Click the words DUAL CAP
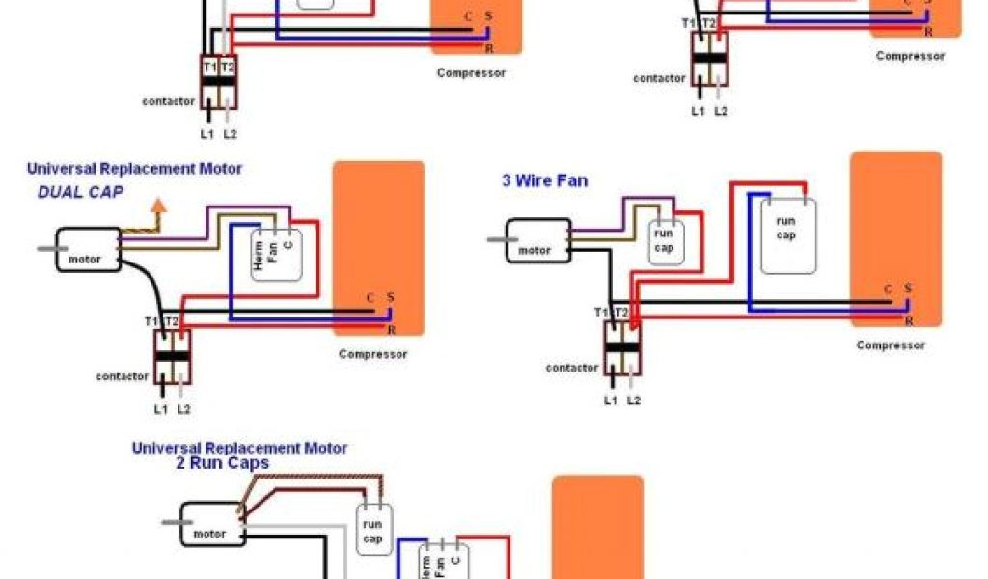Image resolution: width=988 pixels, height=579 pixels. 81,192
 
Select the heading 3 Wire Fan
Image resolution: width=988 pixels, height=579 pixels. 544,180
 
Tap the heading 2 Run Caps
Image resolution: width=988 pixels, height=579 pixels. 222,463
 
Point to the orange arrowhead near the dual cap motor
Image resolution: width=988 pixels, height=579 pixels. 158,206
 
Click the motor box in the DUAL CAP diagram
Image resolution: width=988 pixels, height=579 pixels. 88,250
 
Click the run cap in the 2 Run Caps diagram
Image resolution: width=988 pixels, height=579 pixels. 373,530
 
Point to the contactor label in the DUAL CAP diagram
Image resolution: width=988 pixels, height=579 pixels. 122,376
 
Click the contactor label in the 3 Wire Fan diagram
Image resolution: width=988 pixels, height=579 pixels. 571,368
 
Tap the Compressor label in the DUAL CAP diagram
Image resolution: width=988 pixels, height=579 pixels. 372,354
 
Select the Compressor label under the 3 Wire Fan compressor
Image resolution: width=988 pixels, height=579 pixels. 891,345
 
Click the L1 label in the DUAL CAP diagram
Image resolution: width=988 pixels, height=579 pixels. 160,409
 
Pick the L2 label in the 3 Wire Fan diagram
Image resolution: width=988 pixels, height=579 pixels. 634,400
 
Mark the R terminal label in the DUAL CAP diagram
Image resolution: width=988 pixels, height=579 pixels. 392,330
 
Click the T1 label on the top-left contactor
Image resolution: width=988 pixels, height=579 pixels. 209,67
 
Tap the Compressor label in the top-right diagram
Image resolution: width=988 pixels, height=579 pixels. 910,56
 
